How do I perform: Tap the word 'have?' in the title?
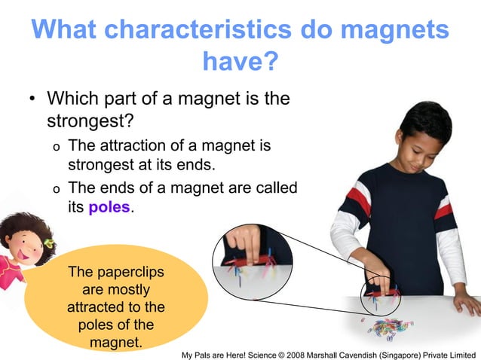click(240, 62)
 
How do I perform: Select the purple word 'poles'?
click(109, 206)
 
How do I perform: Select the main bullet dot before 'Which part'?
click(32, 100)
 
